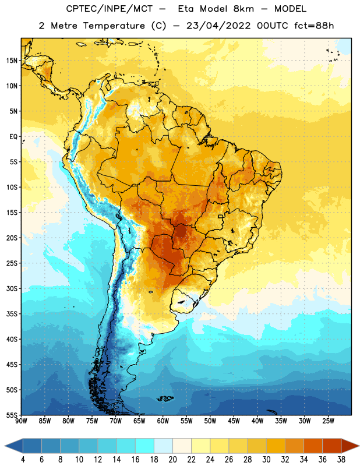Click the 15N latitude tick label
pos(12,61)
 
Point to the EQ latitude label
pos(13,137)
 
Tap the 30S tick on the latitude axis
pos(12,288)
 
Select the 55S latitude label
pos(12,415)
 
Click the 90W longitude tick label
pos(21,421)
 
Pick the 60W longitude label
pos(163,421)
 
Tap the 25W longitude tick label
pos(328,421)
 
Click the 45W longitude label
pos(234,421)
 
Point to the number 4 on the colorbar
pos(23,460)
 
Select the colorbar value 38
pos(341,460)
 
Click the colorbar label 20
pos(172,460)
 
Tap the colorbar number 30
pos(266,460)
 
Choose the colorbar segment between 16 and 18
pos(144,446)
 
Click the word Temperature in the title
pos(114,26)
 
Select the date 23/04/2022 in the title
pos(218,26)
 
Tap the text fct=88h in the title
pos(314,26)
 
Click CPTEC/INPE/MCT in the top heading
pos(110,9)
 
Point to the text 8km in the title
pos(243,9)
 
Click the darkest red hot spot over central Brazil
pos(181,231)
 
